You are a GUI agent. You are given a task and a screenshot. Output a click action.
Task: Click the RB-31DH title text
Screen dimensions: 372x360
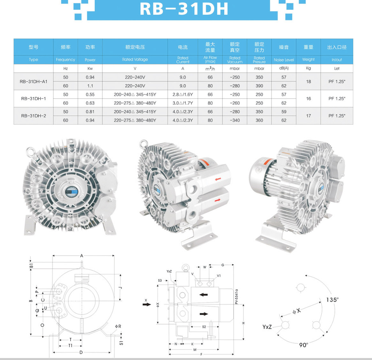tap(184, 9)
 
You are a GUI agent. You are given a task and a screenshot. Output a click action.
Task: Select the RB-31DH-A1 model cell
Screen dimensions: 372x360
tap(34, 81)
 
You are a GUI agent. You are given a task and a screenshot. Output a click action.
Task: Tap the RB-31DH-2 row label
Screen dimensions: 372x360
tap(34, 116)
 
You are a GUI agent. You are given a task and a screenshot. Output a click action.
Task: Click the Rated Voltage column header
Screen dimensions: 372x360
tap(135, 59)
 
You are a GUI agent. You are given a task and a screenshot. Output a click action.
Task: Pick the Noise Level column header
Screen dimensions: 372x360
tap(284, 60)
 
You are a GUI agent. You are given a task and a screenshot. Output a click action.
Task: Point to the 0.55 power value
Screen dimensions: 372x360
tap(90, 94)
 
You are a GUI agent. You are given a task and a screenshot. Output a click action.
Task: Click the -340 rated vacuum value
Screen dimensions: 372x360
tap(235, 120)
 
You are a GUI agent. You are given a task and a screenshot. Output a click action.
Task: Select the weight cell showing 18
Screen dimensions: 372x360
tap(309, 81)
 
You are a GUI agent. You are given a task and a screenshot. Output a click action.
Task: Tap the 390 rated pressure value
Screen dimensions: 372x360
tap(259, 86)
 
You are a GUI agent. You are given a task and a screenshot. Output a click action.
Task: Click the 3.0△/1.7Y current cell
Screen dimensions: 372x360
tap(183, 103)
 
